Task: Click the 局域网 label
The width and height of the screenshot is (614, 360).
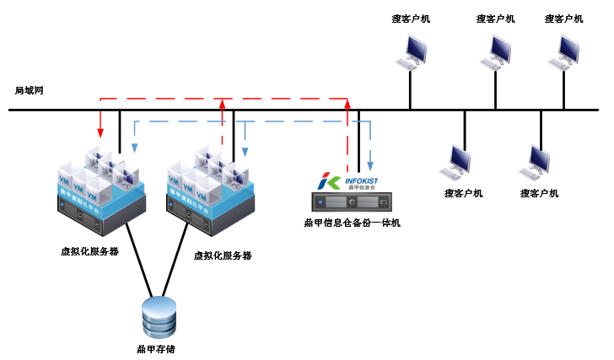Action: (29, 89)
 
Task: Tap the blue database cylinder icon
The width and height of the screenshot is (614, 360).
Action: (159, 316)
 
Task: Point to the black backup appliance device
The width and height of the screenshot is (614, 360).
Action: (352, 203)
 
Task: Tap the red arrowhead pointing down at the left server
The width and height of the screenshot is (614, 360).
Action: (101, 132)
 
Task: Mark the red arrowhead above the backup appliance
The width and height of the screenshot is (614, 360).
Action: (347, 105)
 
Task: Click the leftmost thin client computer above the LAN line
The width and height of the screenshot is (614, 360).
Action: (412, 53)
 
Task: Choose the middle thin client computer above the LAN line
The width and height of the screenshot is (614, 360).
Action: (496, 53)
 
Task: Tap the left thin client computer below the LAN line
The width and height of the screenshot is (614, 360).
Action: (460, 161)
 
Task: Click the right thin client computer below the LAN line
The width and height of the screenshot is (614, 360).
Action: (537, 161)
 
